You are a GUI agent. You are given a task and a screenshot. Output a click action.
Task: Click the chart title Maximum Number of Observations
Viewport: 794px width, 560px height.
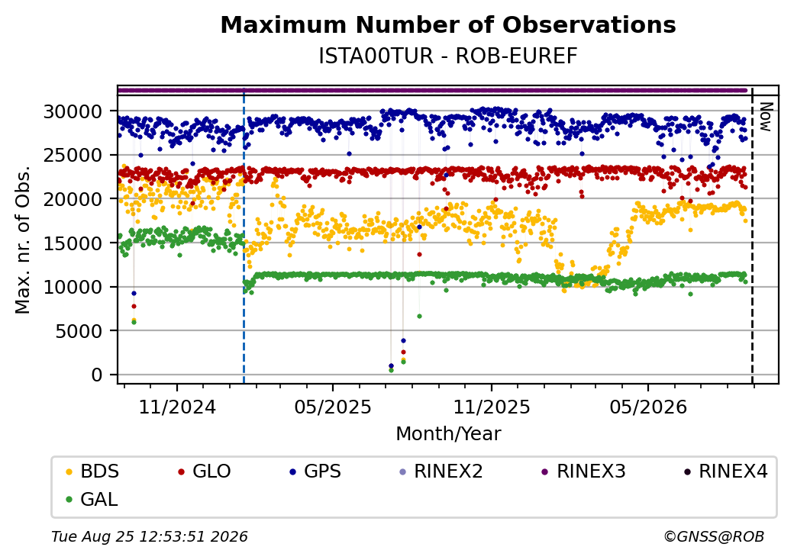448,24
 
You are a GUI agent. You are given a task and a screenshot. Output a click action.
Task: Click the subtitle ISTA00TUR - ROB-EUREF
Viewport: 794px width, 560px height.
448,56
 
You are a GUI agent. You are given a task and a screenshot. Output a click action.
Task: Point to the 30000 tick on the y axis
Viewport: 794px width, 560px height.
73,111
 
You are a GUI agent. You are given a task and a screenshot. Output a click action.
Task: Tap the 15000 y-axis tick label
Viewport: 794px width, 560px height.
73,243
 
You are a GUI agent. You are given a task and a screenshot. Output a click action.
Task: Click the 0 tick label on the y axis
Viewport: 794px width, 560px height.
97,375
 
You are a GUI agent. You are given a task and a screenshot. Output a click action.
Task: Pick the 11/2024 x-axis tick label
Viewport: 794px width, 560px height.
177,407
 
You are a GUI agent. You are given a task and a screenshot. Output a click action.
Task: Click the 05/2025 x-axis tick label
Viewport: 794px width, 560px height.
333,407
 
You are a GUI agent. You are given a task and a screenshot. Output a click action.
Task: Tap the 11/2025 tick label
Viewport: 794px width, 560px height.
491,407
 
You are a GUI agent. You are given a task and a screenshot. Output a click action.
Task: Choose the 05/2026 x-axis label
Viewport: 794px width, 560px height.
648,407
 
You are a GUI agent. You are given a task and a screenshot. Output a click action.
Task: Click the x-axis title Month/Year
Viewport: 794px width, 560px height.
448,434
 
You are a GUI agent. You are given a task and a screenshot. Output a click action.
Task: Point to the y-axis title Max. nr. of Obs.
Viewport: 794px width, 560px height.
23,240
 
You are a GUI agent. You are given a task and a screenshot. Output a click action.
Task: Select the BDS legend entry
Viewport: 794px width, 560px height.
92,471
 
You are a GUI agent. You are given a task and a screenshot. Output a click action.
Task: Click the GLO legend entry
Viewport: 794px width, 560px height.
205,471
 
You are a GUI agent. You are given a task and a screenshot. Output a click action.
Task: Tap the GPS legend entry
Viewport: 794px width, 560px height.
315,471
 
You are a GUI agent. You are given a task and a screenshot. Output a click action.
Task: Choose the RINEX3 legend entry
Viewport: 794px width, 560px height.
584,471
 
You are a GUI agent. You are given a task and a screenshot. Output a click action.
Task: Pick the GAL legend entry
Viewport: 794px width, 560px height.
92,499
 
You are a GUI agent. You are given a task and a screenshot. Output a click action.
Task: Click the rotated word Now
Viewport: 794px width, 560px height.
767,117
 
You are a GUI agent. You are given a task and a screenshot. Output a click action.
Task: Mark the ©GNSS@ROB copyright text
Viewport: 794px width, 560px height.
714,536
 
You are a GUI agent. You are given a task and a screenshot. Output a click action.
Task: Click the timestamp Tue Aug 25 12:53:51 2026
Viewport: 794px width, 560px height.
150,536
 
